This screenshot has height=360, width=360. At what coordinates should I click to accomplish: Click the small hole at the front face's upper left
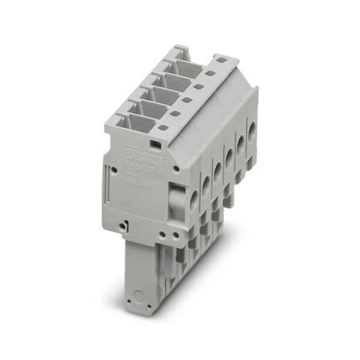[116, 162]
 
